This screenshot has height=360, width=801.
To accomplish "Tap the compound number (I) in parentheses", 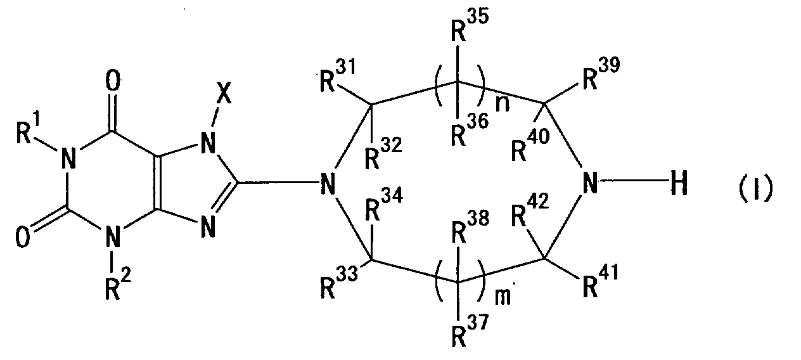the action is (757, 188).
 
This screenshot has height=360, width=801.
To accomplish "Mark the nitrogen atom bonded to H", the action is (589, 186).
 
